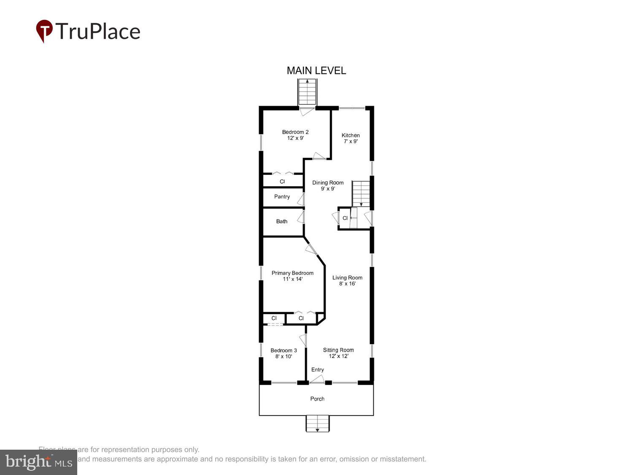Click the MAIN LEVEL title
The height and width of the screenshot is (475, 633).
[x=316, y=71]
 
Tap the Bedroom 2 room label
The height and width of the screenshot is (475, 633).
[x=295, y=135]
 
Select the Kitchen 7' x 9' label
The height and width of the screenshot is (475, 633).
[x=351, y=138]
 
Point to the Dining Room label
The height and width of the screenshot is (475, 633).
[x=328, y=185]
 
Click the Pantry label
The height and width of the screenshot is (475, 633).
[x=282, y=196]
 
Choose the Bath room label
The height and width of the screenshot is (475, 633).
[x=281, y=221]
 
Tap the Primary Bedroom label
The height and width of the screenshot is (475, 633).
[x=292, y=276]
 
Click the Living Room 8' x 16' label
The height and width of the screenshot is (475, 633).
[x=347, y=280]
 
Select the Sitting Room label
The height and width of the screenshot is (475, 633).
[x=338, y=353]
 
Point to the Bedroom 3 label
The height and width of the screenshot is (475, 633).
[x=284, y=353]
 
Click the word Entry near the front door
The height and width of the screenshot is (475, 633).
[x=318, y=369]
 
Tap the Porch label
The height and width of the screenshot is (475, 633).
[x=317, y=399]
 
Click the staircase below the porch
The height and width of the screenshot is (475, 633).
[x=317, y=423]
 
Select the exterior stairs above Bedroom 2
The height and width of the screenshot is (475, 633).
[x=307, y=92]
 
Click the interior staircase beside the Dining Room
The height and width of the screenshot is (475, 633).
[x=361, y=193]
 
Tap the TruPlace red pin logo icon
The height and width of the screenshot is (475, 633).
[x=44, y=30]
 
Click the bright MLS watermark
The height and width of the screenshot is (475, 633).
[x=38, y=462]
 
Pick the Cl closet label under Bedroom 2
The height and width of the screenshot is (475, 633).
[x=282, y=182]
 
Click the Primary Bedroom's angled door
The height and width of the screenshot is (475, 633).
[x=311, y=249]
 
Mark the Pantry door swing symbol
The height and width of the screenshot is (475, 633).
[x=301, y=200]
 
